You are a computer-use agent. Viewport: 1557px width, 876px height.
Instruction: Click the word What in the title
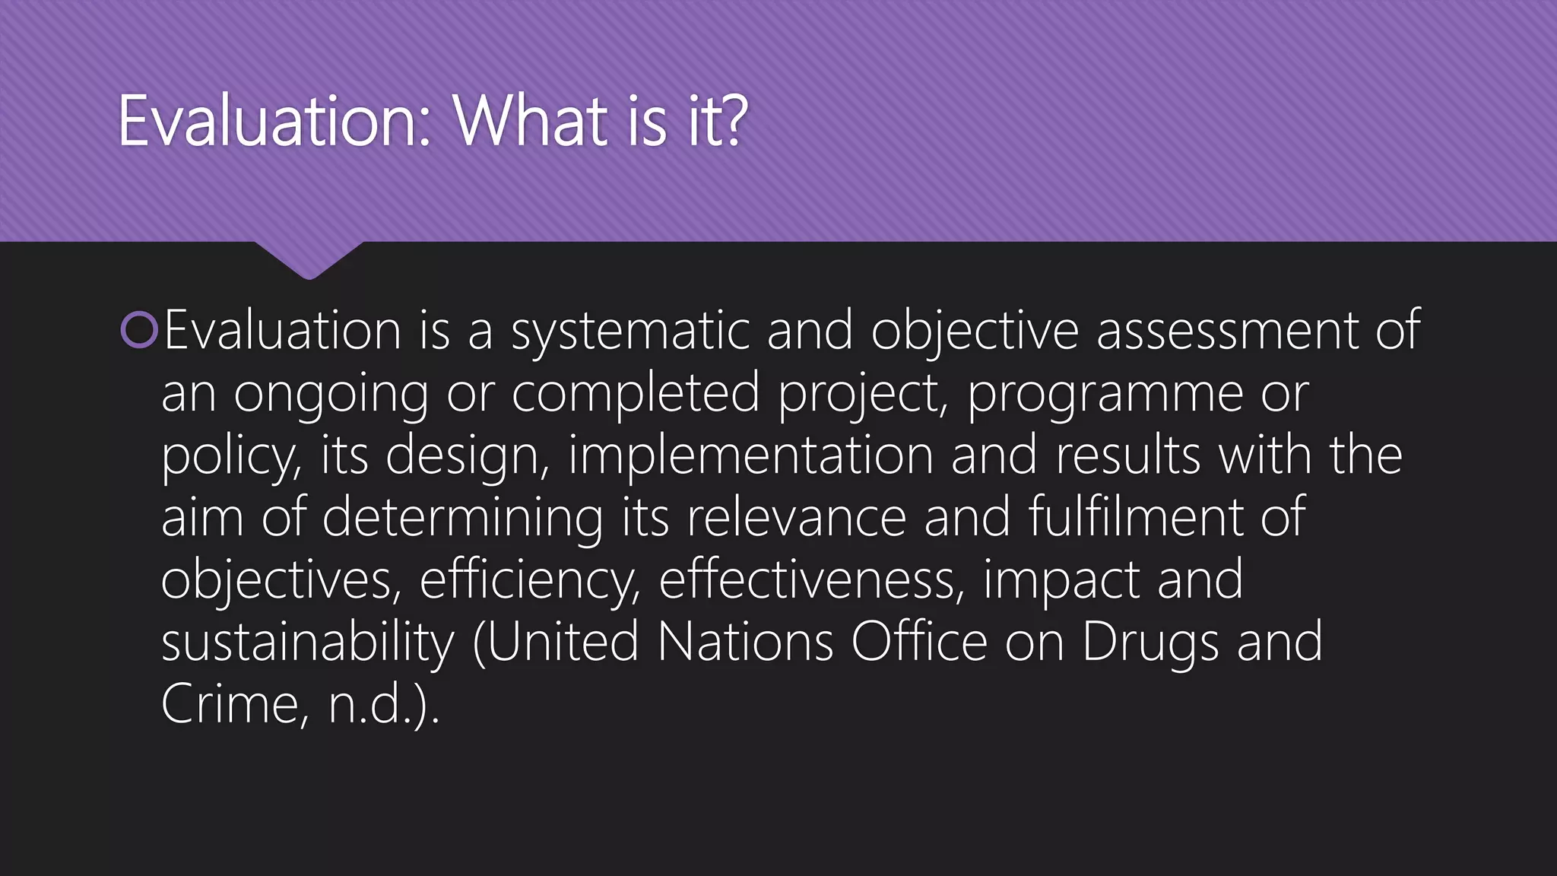(x=532, y=122)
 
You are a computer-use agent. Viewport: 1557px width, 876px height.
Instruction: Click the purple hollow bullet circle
(x=139, y=330)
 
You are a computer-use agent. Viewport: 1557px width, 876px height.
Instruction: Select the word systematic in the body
(x=630, y=332)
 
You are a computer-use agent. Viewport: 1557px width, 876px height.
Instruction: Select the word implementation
(x=750, y=456)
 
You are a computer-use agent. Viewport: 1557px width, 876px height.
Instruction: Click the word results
(x=1127, y=456)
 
